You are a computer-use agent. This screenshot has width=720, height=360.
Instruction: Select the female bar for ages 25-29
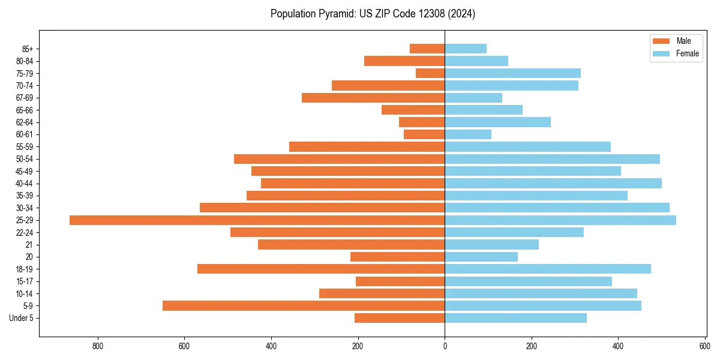coord(560,220)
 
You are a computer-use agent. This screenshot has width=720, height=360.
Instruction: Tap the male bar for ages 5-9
coord(304,306)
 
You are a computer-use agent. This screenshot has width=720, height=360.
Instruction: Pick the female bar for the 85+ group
coord(466,49)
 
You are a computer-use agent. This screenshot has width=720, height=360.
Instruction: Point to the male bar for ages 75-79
coord(430,73)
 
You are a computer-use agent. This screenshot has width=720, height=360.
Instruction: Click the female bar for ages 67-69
coord(473,98)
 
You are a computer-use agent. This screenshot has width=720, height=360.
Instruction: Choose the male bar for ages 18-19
coord(321,269)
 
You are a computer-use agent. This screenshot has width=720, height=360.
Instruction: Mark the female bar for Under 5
coord(515,318)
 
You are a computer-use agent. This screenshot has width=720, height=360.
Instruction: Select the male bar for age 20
coord(397,257)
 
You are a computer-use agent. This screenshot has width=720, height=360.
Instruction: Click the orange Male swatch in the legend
coord(661,41)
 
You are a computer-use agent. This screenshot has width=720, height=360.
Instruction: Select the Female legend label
coord(687,53)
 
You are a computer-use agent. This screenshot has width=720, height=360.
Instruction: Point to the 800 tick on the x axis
coord(98,346)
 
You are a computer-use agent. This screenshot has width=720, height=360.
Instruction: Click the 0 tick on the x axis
coord(445,346)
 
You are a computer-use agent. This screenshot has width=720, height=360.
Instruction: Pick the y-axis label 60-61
coord(24,134)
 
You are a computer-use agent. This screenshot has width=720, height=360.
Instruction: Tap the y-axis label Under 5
coord(22,318)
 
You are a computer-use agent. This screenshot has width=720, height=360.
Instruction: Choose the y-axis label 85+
coord(27,49)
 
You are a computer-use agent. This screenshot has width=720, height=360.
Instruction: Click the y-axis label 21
coord(29,245)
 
